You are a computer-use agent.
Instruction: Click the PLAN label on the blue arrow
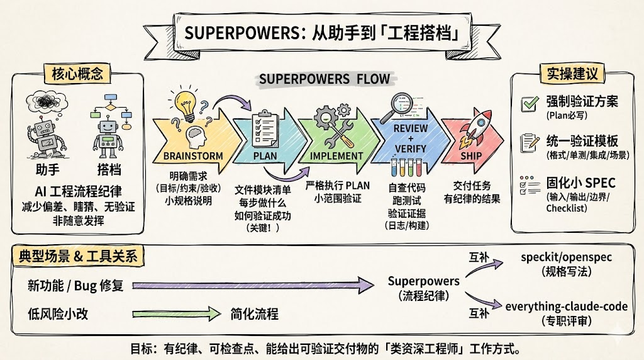pyautogui.click(x=265, y=155)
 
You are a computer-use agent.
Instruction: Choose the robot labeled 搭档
pyautogui.click(x=109, y=135)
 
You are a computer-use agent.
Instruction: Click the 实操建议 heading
pyautogui.click(x=570, y=74)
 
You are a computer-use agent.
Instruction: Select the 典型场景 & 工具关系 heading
pyautogui.click(x=79, y=256)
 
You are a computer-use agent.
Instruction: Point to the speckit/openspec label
pyautogui.click(x=567, y=257)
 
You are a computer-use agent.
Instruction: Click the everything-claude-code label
pyautogui.click(x=567, y=307)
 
